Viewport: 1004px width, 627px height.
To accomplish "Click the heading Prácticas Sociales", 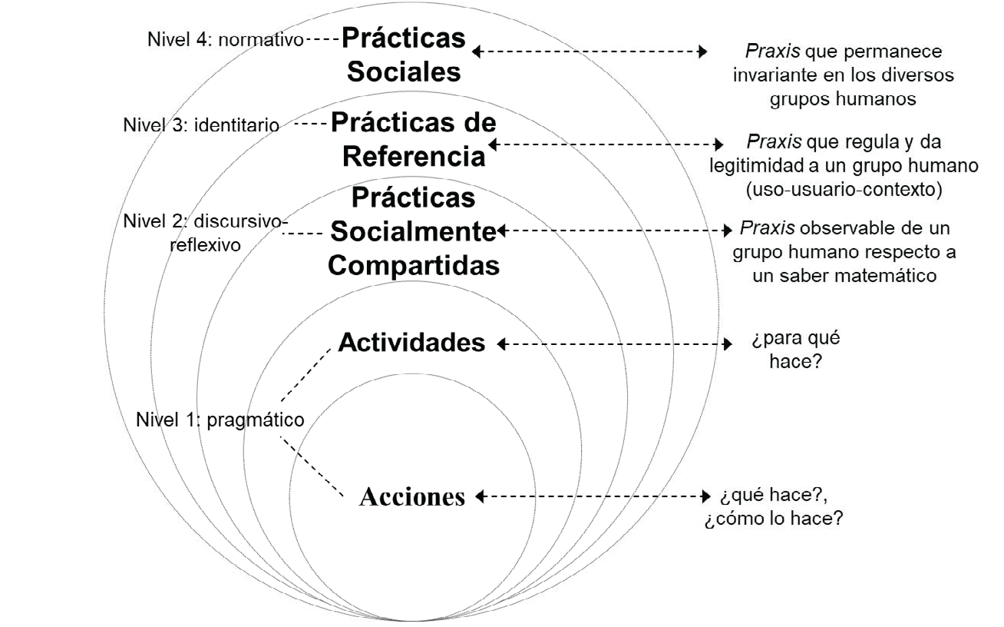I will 404,55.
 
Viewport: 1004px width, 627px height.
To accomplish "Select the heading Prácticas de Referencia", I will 414,140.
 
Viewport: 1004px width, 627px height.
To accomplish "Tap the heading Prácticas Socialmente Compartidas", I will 413,231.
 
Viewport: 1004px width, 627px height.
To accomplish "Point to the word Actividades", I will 413,342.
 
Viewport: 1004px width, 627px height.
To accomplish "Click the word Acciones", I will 413,497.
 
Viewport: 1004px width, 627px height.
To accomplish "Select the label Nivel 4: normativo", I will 226,39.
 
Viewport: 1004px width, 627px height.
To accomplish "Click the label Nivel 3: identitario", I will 201,124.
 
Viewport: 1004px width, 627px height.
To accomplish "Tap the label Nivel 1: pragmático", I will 220,420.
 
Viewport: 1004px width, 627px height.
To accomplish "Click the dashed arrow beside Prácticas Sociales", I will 589,51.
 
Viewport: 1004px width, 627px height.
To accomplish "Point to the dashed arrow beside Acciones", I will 590,497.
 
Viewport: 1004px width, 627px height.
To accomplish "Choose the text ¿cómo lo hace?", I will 774,518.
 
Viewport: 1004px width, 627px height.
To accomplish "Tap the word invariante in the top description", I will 770,75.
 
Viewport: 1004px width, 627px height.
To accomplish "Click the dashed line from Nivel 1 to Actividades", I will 308,373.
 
